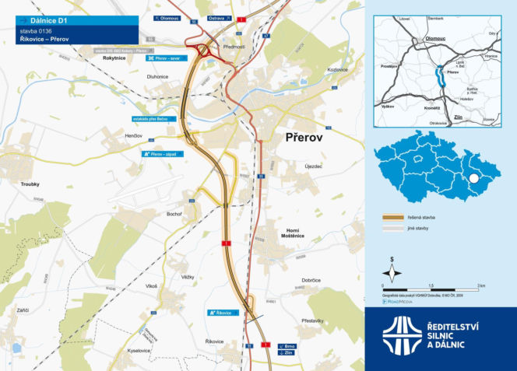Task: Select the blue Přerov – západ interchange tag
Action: (x=162, y=154)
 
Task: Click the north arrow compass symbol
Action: (x=393, y=271)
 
